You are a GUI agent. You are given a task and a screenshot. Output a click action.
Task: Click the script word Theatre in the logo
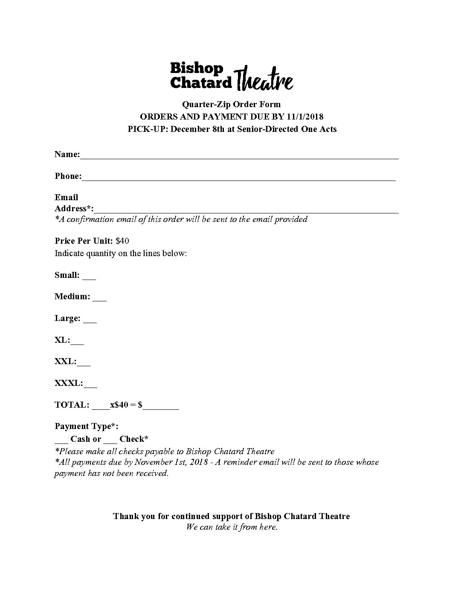pos(264,79)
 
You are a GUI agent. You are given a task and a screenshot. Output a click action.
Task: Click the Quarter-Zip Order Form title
pos(232,104)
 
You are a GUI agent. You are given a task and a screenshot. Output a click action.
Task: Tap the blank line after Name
pos(239,156)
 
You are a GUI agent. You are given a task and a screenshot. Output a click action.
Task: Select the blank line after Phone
pos(239,178)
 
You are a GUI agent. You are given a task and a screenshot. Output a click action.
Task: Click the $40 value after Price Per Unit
pos(122,241)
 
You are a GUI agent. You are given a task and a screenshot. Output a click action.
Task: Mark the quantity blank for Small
pos(89,277)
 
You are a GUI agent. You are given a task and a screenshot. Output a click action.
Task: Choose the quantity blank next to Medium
pos(99,299)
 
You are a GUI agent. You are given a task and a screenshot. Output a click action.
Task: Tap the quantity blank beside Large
pos(90,321)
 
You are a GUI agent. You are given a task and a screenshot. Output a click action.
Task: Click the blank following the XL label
pos(77,342)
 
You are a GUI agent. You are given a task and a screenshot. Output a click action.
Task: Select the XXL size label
pos(65,362)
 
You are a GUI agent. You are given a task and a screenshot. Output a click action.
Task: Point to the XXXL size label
pos(68,383)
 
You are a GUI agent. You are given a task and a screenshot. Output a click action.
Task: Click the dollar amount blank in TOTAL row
pos(161,407)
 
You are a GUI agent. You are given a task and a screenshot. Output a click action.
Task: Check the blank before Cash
pos(61,441)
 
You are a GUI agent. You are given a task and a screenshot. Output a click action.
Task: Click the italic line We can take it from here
pos(232,527)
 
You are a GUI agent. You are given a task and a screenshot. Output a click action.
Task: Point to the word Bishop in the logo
pos(197,68)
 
